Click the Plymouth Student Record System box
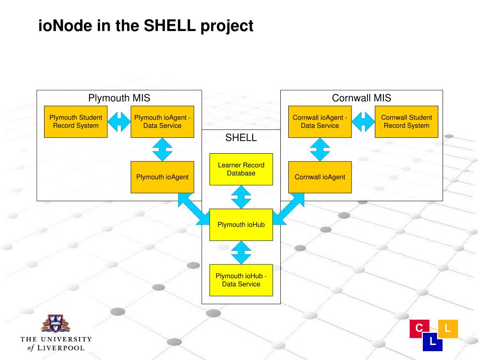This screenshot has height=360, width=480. coord(75,121)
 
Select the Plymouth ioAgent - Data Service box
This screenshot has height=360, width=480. coord(162,121)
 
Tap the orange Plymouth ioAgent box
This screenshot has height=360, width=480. coord(162,177)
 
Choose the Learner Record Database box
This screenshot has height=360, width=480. coord(241,169)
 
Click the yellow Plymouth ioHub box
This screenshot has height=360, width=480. coord(241,225)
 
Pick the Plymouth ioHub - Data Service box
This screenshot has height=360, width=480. coord(241,280)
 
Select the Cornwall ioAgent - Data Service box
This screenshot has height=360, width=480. coord(320,121)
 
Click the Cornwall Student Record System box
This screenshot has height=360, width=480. coord(406,121)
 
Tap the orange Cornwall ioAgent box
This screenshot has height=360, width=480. coord(320,177)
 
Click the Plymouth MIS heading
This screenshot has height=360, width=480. coord(119,98)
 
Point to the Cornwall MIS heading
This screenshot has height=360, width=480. coord(361,98)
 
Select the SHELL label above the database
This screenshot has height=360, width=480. coord(241,138)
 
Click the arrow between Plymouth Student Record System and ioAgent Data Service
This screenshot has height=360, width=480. coord(119,121)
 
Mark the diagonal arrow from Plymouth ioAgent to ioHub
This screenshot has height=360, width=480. coord(194,209)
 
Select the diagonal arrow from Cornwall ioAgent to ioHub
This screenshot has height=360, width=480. coord(288,209)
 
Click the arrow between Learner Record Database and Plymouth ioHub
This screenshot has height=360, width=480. coord(241,197)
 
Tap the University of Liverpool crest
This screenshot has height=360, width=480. coord(55,324)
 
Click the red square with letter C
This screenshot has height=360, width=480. coord(419,328)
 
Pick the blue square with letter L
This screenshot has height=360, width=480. coord(432,342)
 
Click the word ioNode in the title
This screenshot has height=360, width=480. coord(66,26)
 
